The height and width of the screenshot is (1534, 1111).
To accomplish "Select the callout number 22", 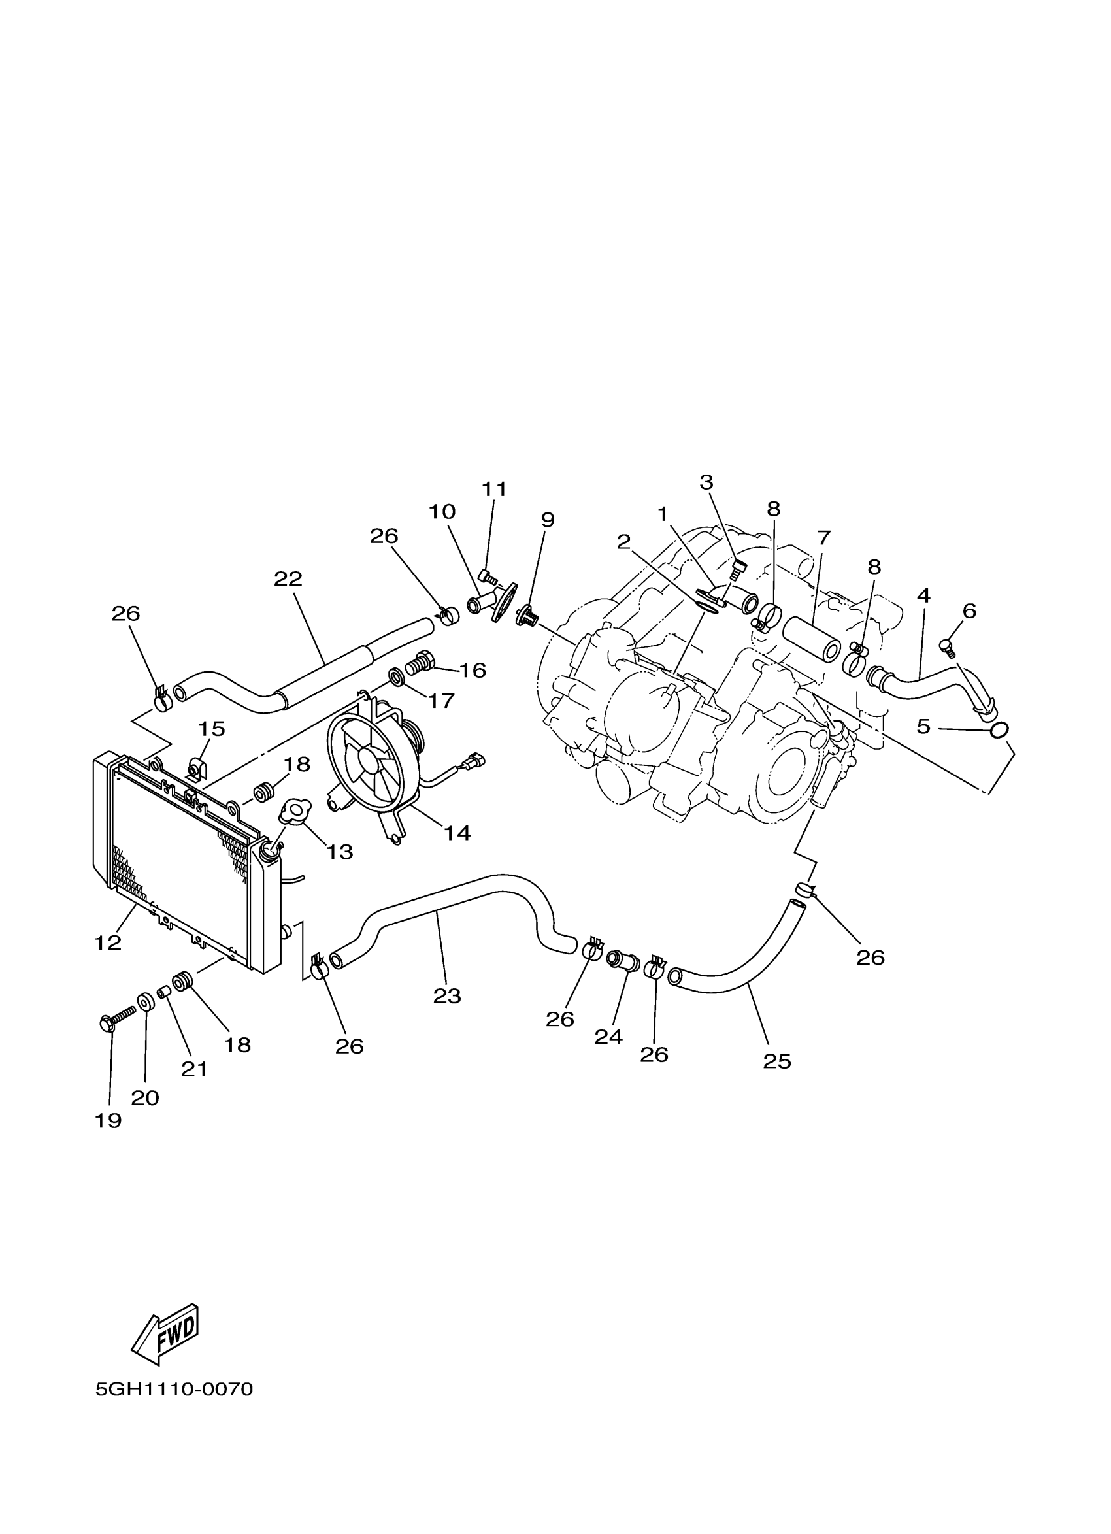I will (x=288, y=579).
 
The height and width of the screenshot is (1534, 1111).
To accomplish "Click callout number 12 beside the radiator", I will (x=108, y=942).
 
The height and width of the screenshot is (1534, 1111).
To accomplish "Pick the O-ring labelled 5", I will (x=999, y=730).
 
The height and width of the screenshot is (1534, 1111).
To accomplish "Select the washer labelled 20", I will (x=144, y=1001).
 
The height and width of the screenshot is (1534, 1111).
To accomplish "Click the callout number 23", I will (x=447, y=995).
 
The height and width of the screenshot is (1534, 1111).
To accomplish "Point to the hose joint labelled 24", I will (x=623, y=961).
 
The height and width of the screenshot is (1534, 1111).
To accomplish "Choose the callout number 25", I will (x=777, y=1061).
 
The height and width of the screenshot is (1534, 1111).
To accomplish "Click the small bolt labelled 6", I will (x=947, y=647).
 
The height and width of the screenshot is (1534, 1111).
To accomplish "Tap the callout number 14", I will (x=457, y=833).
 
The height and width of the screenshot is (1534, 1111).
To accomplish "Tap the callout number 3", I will (x=706, y=482).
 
